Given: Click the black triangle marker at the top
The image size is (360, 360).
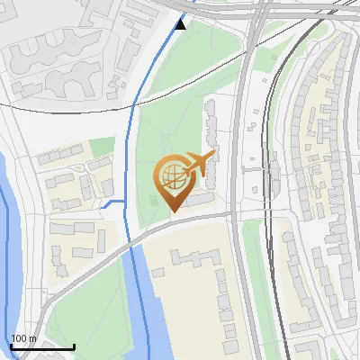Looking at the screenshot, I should tap(181, 23).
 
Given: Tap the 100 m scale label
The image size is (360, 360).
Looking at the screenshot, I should tap(23, 338).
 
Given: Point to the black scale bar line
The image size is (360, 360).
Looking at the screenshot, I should tap(41, 346).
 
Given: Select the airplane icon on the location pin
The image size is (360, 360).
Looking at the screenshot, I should tap(197, 164).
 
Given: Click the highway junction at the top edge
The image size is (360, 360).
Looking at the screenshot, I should tap(256, 11).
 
